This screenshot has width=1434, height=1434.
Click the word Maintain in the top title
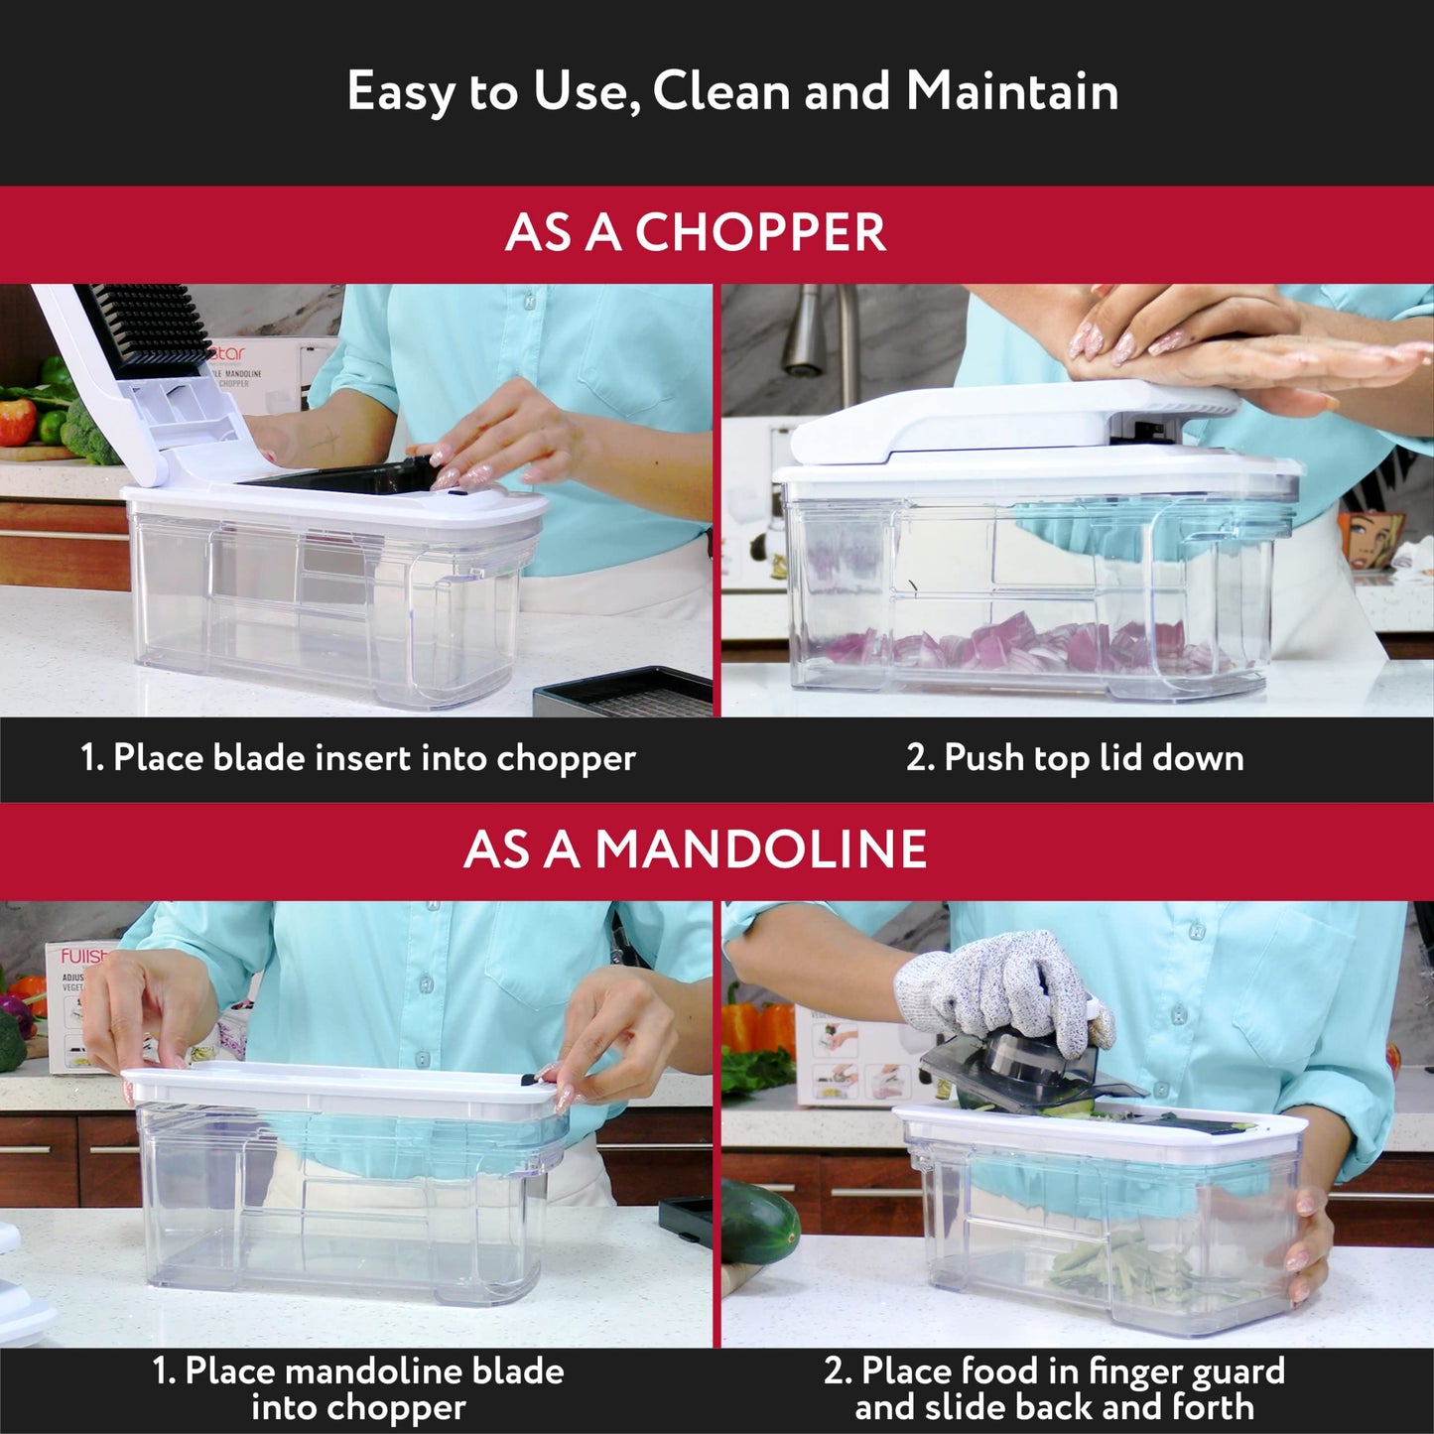1012,91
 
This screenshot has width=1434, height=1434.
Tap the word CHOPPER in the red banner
760,233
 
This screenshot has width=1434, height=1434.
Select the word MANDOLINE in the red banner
760,850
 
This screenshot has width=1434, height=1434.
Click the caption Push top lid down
1075,758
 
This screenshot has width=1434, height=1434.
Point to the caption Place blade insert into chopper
357,758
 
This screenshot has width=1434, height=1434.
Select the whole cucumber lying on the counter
759,1221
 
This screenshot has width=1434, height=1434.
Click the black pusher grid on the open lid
144,327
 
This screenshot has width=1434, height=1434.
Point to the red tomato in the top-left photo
17,422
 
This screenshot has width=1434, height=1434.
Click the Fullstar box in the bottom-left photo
74,1002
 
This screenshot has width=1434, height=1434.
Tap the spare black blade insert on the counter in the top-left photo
625,695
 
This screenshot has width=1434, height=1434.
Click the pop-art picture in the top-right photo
1374,541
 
